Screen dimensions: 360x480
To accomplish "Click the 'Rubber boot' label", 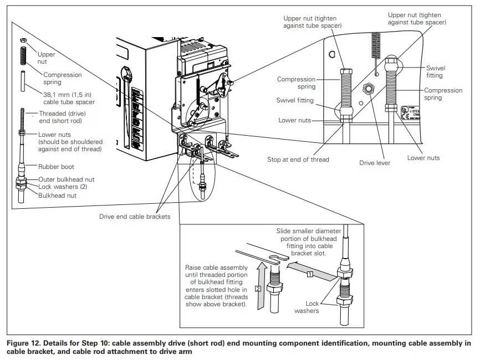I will [56, 166].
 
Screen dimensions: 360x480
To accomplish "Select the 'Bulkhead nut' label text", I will [57, 195].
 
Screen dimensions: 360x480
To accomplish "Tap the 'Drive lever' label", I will [375, 163].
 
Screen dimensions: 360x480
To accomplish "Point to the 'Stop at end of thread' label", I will [298, 160].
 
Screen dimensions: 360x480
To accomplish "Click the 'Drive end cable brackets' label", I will [135, 216].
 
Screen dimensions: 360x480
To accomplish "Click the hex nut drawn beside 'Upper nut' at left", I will [24, 42].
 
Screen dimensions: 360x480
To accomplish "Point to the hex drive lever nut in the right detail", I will [366, 88].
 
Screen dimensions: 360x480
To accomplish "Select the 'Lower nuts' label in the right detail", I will [423, 158].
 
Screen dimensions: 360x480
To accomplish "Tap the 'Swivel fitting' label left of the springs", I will [294, 100].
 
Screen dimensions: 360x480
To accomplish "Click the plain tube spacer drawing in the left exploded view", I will [24, 82].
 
